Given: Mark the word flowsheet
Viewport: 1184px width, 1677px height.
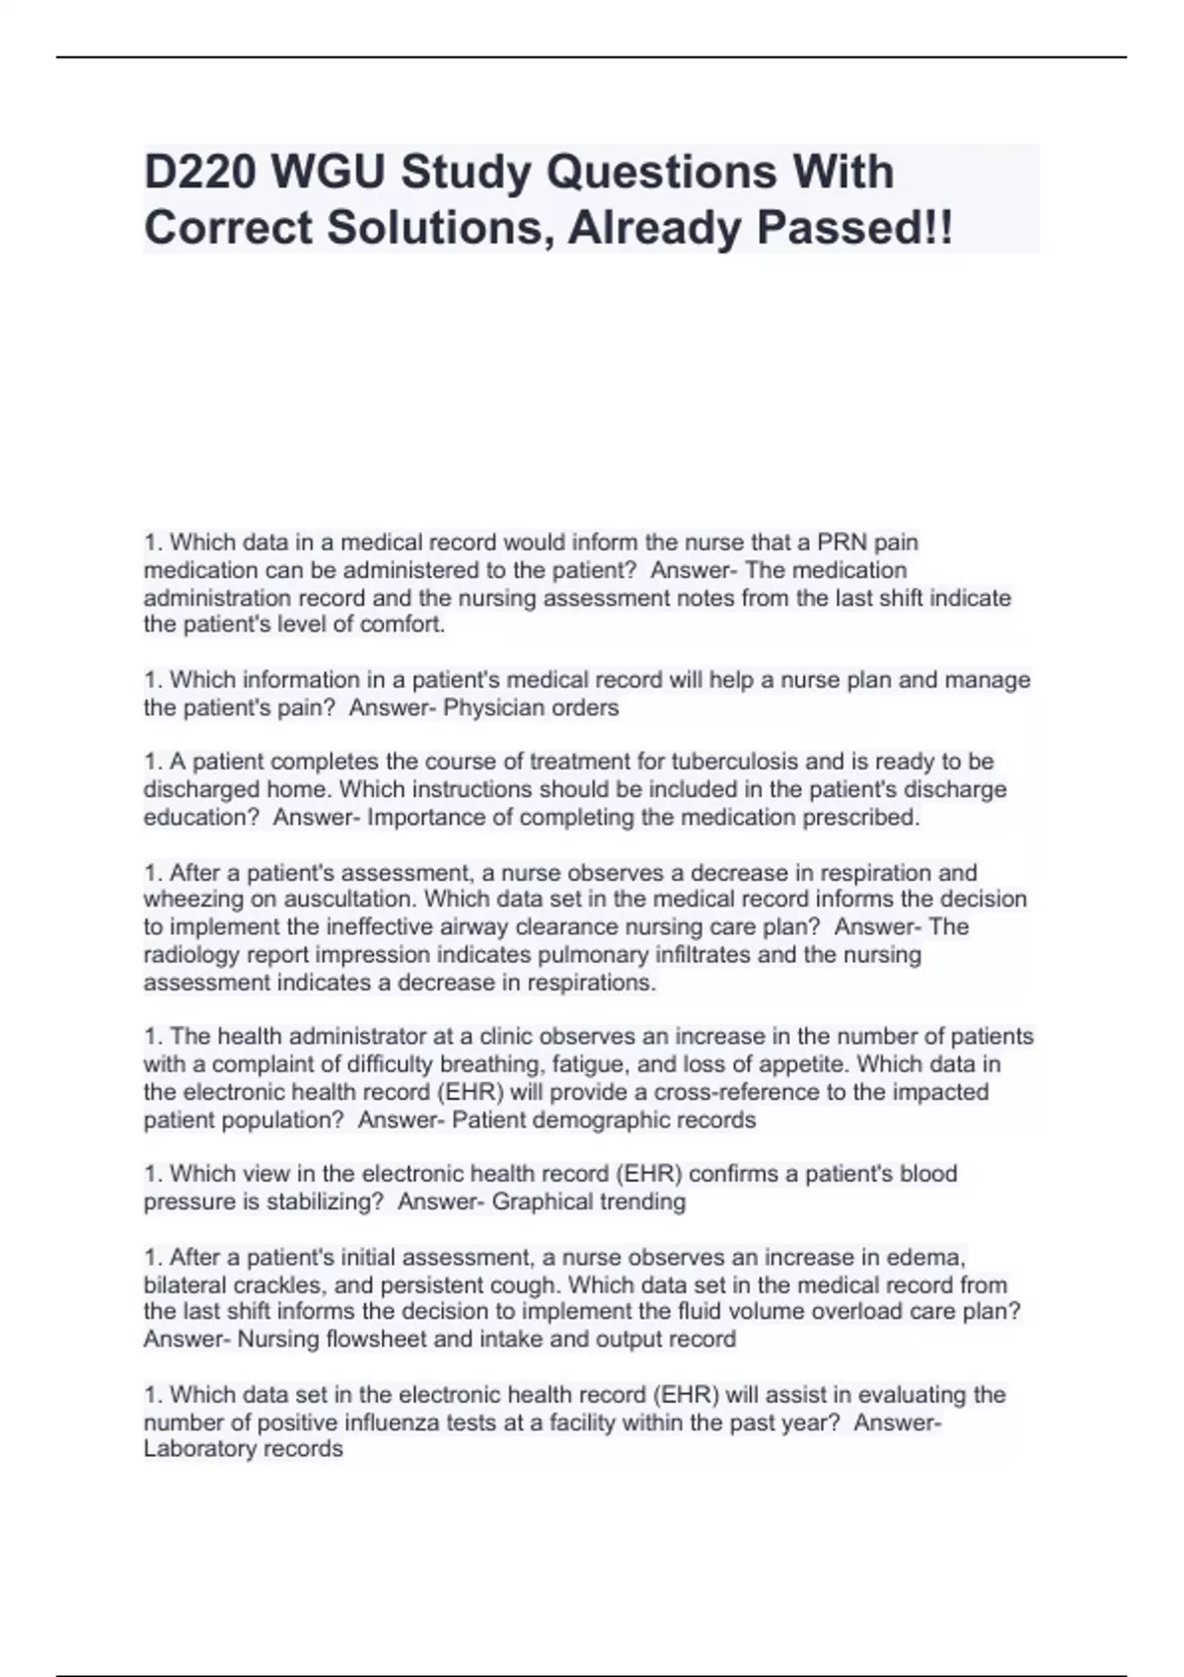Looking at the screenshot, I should [374, 1340].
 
